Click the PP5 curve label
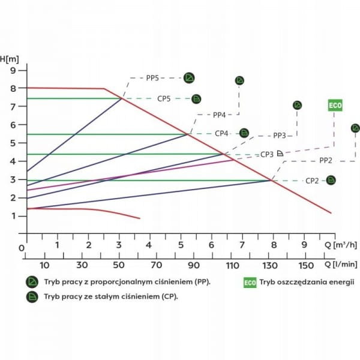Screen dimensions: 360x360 (153, 78)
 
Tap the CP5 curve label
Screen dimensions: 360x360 (165, 98)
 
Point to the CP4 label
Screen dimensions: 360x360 (222, 133)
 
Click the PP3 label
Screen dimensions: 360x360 (280, 136)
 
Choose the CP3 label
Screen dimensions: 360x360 (267, 154)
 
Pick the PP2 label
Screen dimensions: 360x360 (326, 160)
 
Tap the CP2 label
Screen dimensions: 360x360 (312, 181)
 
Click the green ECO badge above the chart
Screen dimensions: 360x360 (335, 106)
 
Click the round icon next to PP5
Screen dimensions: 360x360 (189, 78)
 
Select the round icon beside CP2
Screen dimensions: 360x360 (330, 180)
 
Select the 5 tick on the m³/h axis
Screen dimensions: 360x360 (181, 245)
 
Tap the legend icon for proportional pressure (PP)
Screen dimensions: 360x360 (32, 282)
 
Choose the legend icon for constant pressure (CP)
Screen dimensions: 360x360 (32, 296)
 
